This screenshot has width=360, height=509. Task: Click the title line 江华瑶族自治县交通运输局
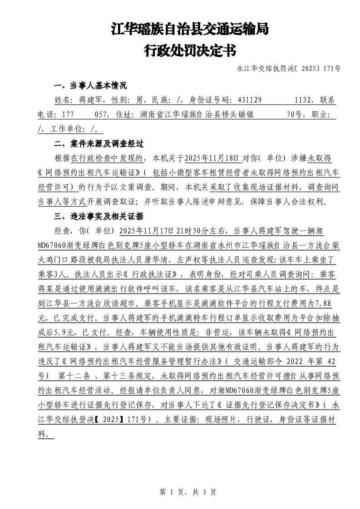point(190,29)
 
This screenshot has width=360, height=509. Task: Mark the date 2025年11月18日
point(211,158)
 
